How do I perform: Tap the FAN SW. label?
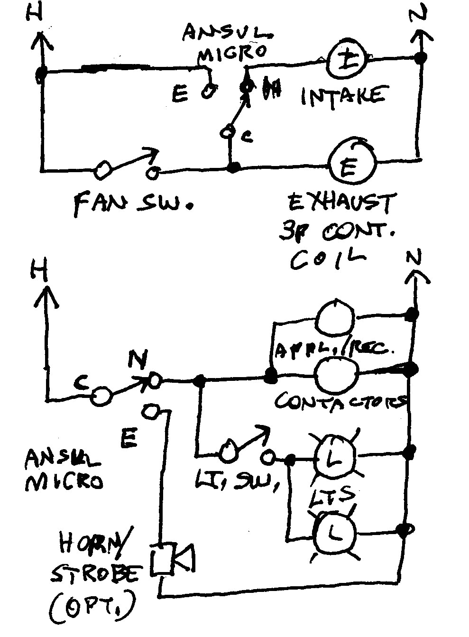133,204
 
